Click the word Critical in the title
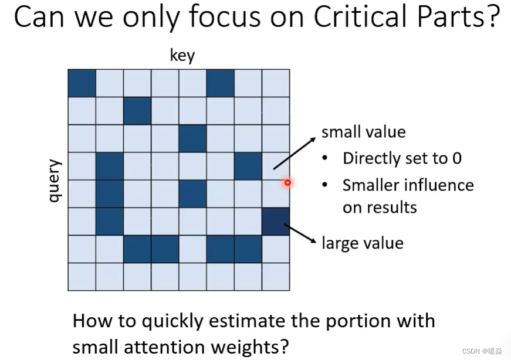click(x=361, y=16)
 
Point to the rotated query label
click(x=55, y=181)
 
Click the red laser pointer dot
click(x=287, y=183)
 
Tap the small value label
click(x=363, y=133)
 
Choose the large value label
click(x=363, y=243)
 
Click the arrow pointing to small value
click(x=295, y=154)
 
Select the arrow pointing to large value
click(x=300, y=233)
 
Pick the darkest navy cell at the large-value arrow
click(x=276, y=221)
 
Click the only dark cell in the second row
click(x=137, y=111)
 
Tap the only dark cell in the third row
click(x=192, y=138)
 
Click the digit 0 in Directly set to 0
click(x=457, y=158)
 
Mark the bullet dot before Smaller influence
click(x=324, y=185)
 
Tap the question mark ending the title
click(x=495, y=16)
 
